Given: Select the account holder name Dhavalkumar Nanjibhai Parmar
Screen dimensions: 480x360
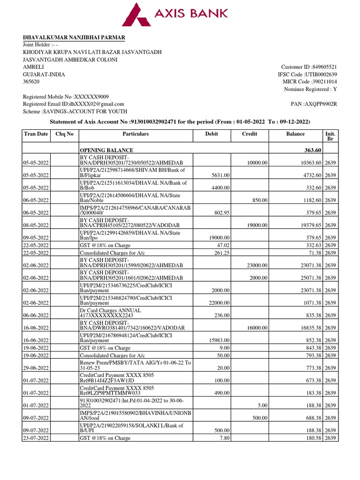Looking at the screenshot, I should point(74,37).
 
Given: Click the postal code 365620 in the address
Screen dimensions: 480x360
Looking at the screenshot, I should point(31,82).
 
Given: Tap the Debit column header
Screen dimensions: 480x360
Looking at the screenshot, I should point(212,134).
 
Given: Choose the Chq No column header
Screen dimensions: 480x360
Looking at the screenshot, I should point(64,134).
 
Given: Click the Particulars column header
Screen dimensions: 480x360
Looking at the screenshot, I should point(135,134).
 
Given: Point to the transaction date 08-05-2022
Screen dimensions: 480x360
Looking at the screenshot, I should point(36,225).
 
